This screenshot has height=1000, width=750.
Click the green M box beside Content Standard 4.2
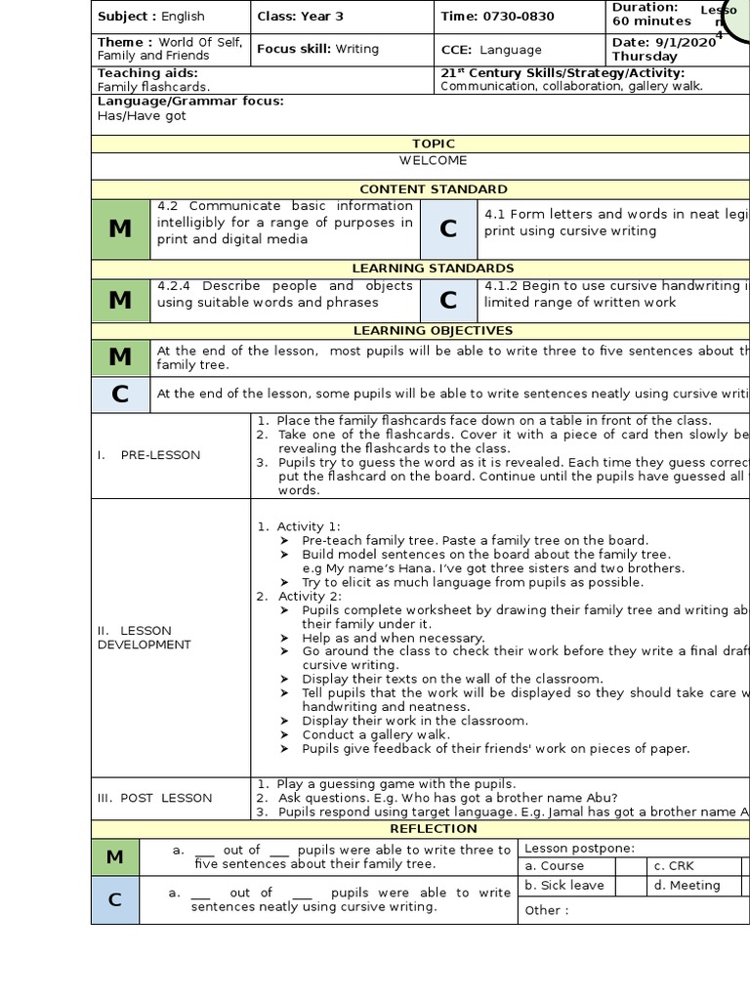pos(120,229)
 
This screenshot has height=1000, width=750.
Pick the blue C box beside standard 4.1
pos(448,229)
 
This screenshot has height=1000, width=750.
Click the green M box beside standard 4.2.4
pos(120,301)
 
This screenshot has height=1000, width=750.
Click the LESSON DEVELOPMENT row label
pos(145,637)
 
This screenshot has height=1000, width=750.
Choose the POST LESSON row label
pos(154,798)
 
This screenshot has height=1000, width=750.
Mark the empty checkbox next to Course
pos(630,866)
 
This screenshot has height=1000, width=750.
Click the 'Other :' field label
pos(543,910)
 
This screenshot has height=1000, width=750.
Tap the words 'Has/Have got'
pos(142,116)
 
